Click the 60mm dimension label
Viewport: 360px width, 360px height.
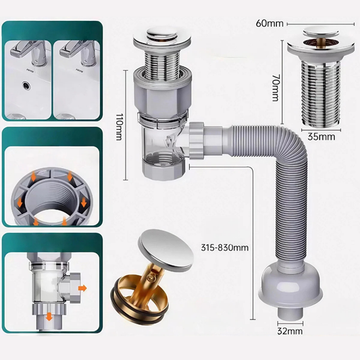click(269, 24)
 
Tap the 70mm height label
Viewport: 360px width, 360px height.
click(275, 88)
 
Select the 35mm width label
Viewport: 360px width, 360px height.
click(322, 136)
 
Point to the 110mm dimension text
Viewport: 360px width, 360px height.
click(119, 126)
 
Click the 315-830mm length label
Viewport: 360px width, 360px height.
click(225, 248)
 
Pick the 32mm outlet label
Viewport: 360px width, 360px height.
click(290, 331)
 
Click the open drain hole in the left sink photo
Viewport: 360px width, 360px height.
click(26, 85)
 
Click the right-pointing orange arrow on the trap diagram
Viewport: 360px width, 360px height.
click(82, 288)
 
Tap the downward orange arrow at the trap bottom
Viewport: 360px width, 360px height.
click(49, 316)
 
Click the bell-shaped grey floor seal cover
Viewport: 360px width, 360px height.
click(290, 285)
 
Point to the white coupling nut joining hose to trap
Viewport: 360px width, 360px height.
click(196, 140)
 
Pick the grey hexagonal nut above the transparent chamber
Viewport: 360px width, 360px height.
click(163, 101)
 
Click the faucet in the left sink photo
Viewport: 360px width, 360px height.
click(28, 53)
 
